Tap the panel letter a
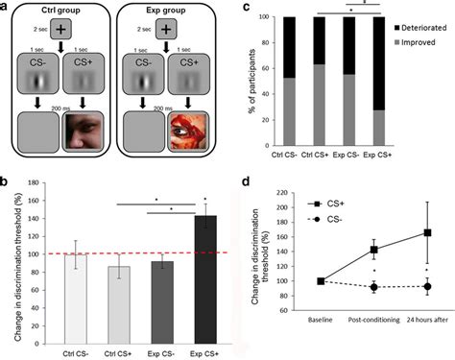click(x=7, y=8)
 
